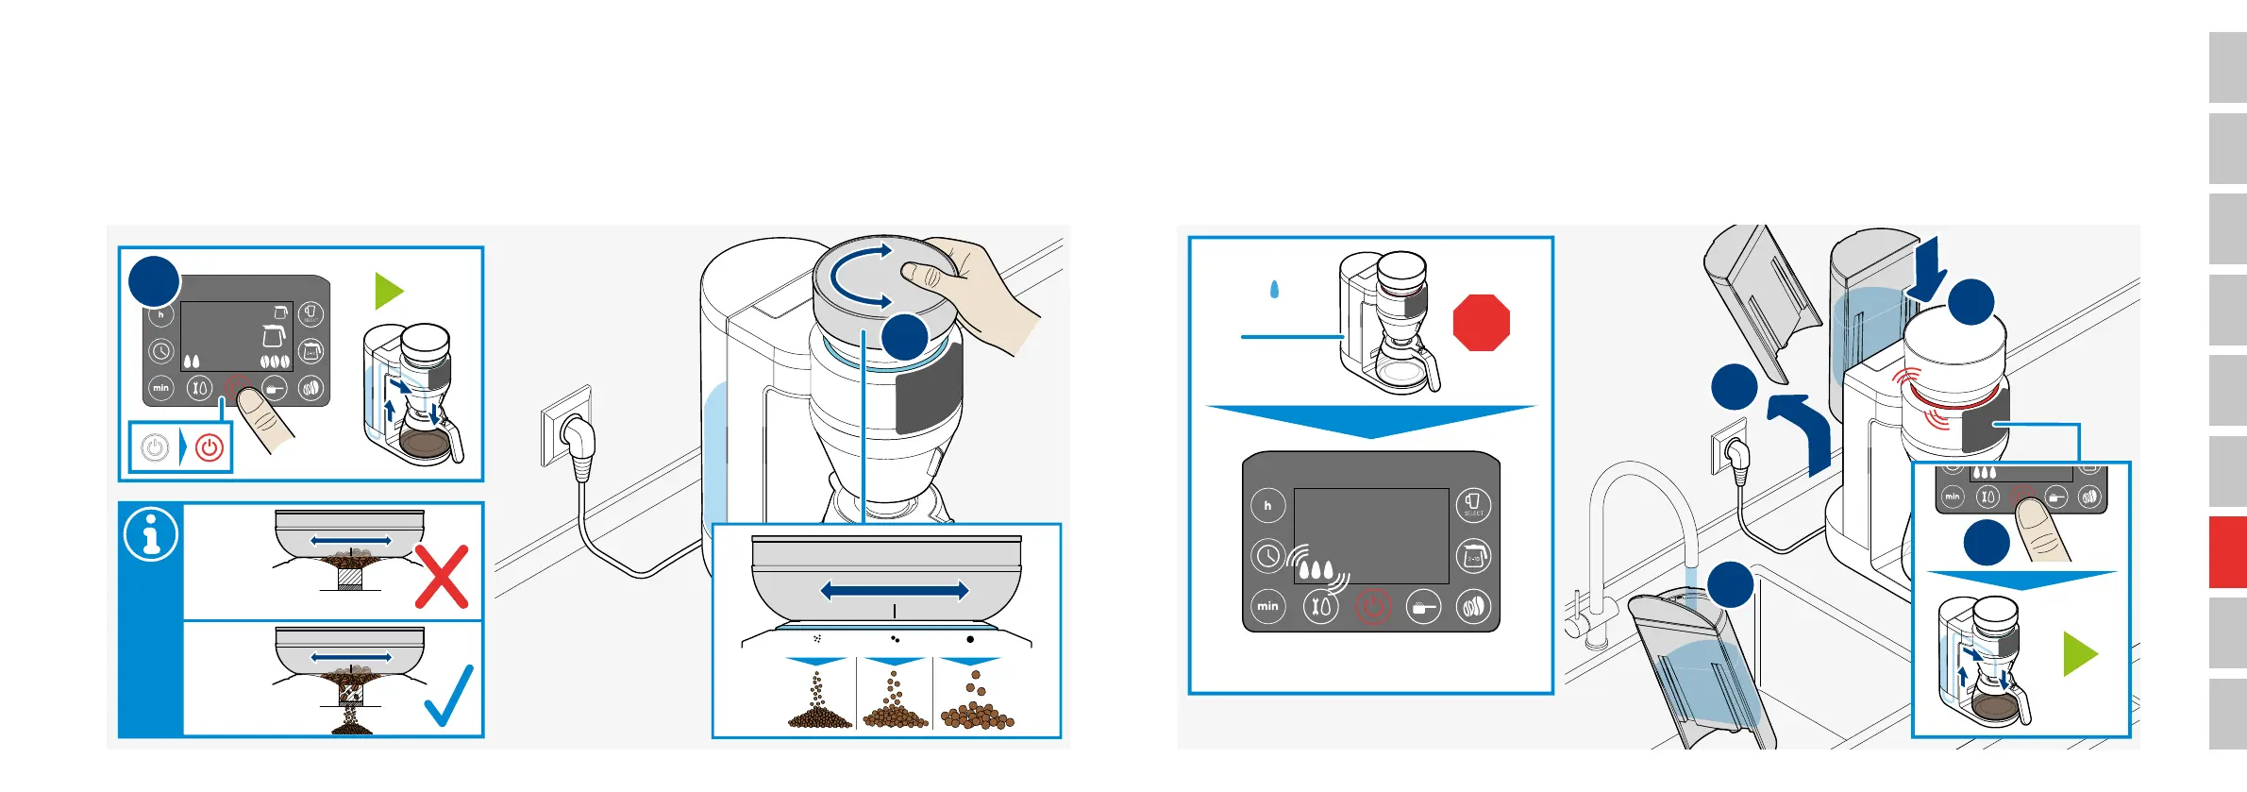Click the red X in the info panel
(x=442, y=576)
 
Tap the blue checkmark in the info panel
(x=449, y=697)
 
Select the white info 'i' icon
(x=151, y=534)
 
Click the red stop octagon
(x=1481, y=323)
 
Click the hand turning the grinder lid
(x=981, y=288)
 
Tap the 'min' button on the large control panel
(x=1267, y=605)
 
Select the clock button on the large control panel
(x=1267, y=556)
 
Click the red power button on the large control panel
(x=1372, y=606)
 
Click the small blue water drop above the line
(x=1274, y=289)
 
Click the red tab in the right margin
(x=2227, y=551)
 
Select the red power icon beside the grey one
(x=210, y=447)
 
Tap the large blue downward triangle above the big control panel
(x=1370, y=421)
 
